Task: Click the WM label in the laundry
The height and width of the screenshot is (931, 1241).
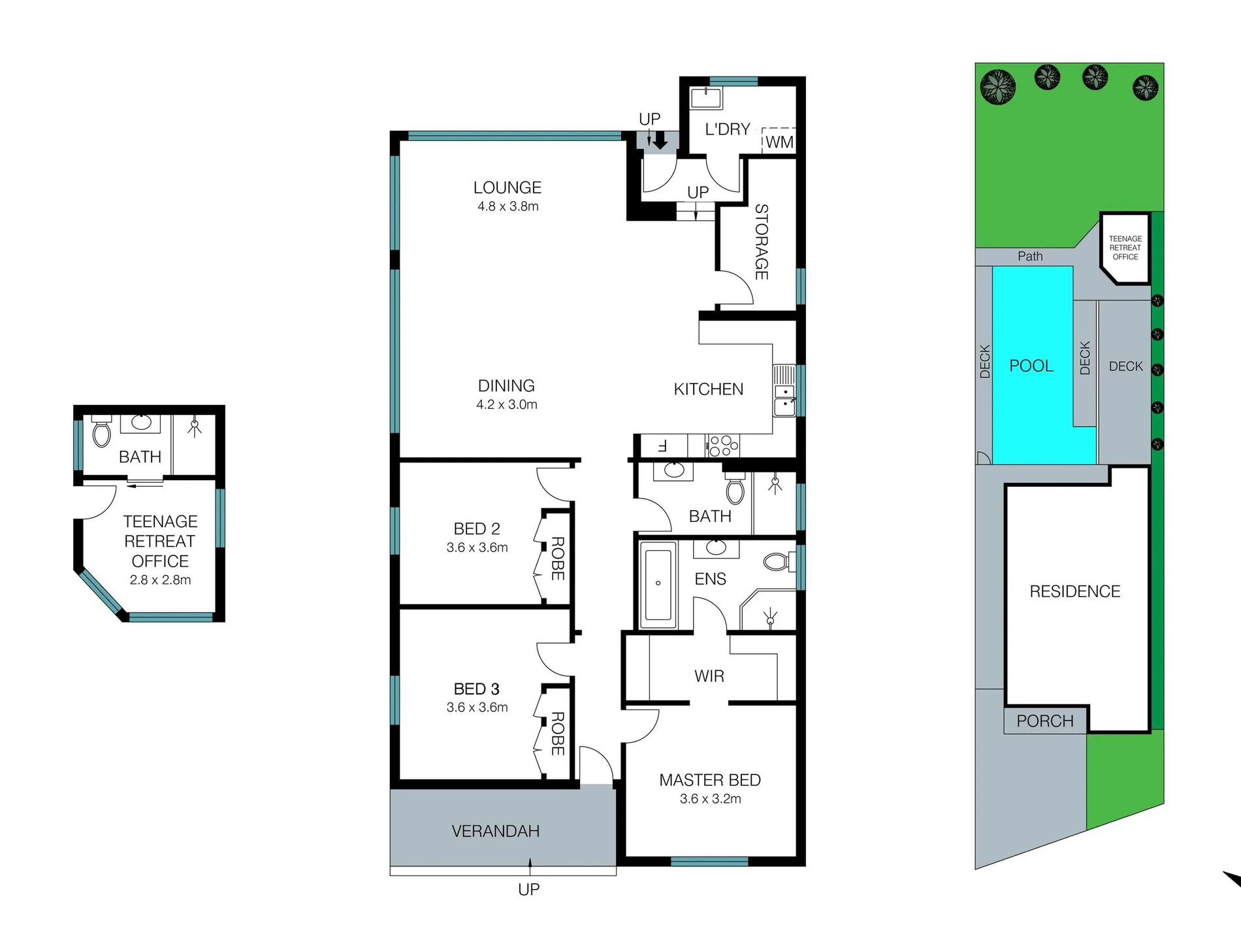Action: click(779, 142)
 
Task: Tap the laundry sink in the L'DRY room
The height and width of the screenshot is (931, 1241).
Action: click(706, 99)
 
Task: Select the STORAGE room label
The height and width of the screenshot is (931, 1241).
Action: click(762, 242)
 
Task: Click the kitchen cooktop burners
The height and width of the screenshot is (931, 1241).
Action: click(723, 446)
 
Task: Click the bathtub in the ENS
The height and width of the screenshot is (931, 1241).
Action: click(658, 583)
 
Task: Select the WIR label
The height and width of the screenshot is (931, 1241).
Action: click(709, 676)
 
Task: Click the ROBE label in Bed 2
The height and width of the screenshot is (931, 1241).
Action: click(557, 559)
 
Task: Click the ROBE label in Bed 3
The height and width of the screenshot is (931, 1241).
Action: click(557, 734)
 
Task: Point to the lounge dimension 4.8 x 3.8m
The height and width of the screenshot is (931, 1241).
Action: click(508, 206)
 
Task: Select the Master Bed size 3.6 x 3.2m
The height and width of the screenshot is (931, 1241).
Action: click(710, 798)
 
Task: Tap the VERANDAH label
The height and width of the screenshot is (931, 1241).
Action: click(495, 831)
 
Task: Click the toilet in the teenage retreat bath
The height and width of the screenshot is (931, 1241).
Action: click(101, 433)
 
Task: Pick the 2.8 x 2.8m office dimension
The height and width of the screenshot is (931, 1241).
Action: click(160, 580)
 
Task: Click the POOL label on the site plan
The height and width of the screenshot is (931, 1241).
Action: click(1031, 366)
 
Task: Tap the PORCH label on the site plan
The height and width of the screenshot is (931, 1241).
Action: click(1044, 721)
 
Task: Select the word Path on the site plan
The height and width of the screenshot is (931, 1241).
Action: click(1030, 256)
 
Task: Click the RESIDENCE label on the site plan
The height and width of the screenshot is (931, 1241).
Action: click(1074, 591)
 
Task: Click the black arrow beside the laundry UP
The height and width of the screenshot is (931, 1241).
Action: click(660, 140)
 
